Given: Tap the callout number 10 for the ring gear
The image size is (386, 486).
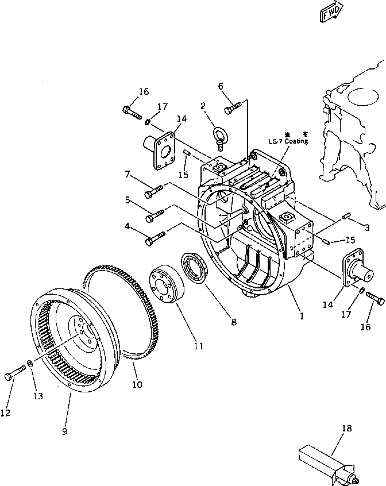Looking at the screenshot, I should coord(137,384).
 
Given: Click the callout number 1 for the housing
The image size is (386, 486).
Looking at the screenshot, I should coord(301,316).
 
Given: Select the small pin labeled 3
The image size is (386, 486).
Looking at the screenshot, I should coord(346,216).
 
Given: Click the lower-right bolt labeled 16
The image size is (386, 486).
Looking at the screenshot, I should coord(377,299).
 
